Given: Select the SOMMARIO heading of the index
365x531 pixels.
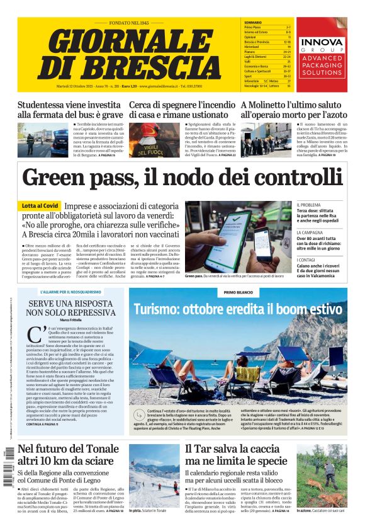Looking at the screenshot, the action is coord(252,23).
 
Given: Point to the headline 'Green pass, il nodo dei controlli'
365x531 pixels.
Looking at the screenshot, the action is coord(182,178).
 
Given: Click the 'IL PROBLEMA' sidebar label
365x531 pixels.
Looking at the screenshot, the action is coord(309,205).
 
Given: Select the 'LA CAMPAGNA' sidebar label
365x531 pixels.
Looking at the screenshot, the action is coord(310,233).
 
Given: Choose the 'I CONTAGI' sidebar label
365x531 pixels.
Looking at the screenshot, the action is coord(306,260).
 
